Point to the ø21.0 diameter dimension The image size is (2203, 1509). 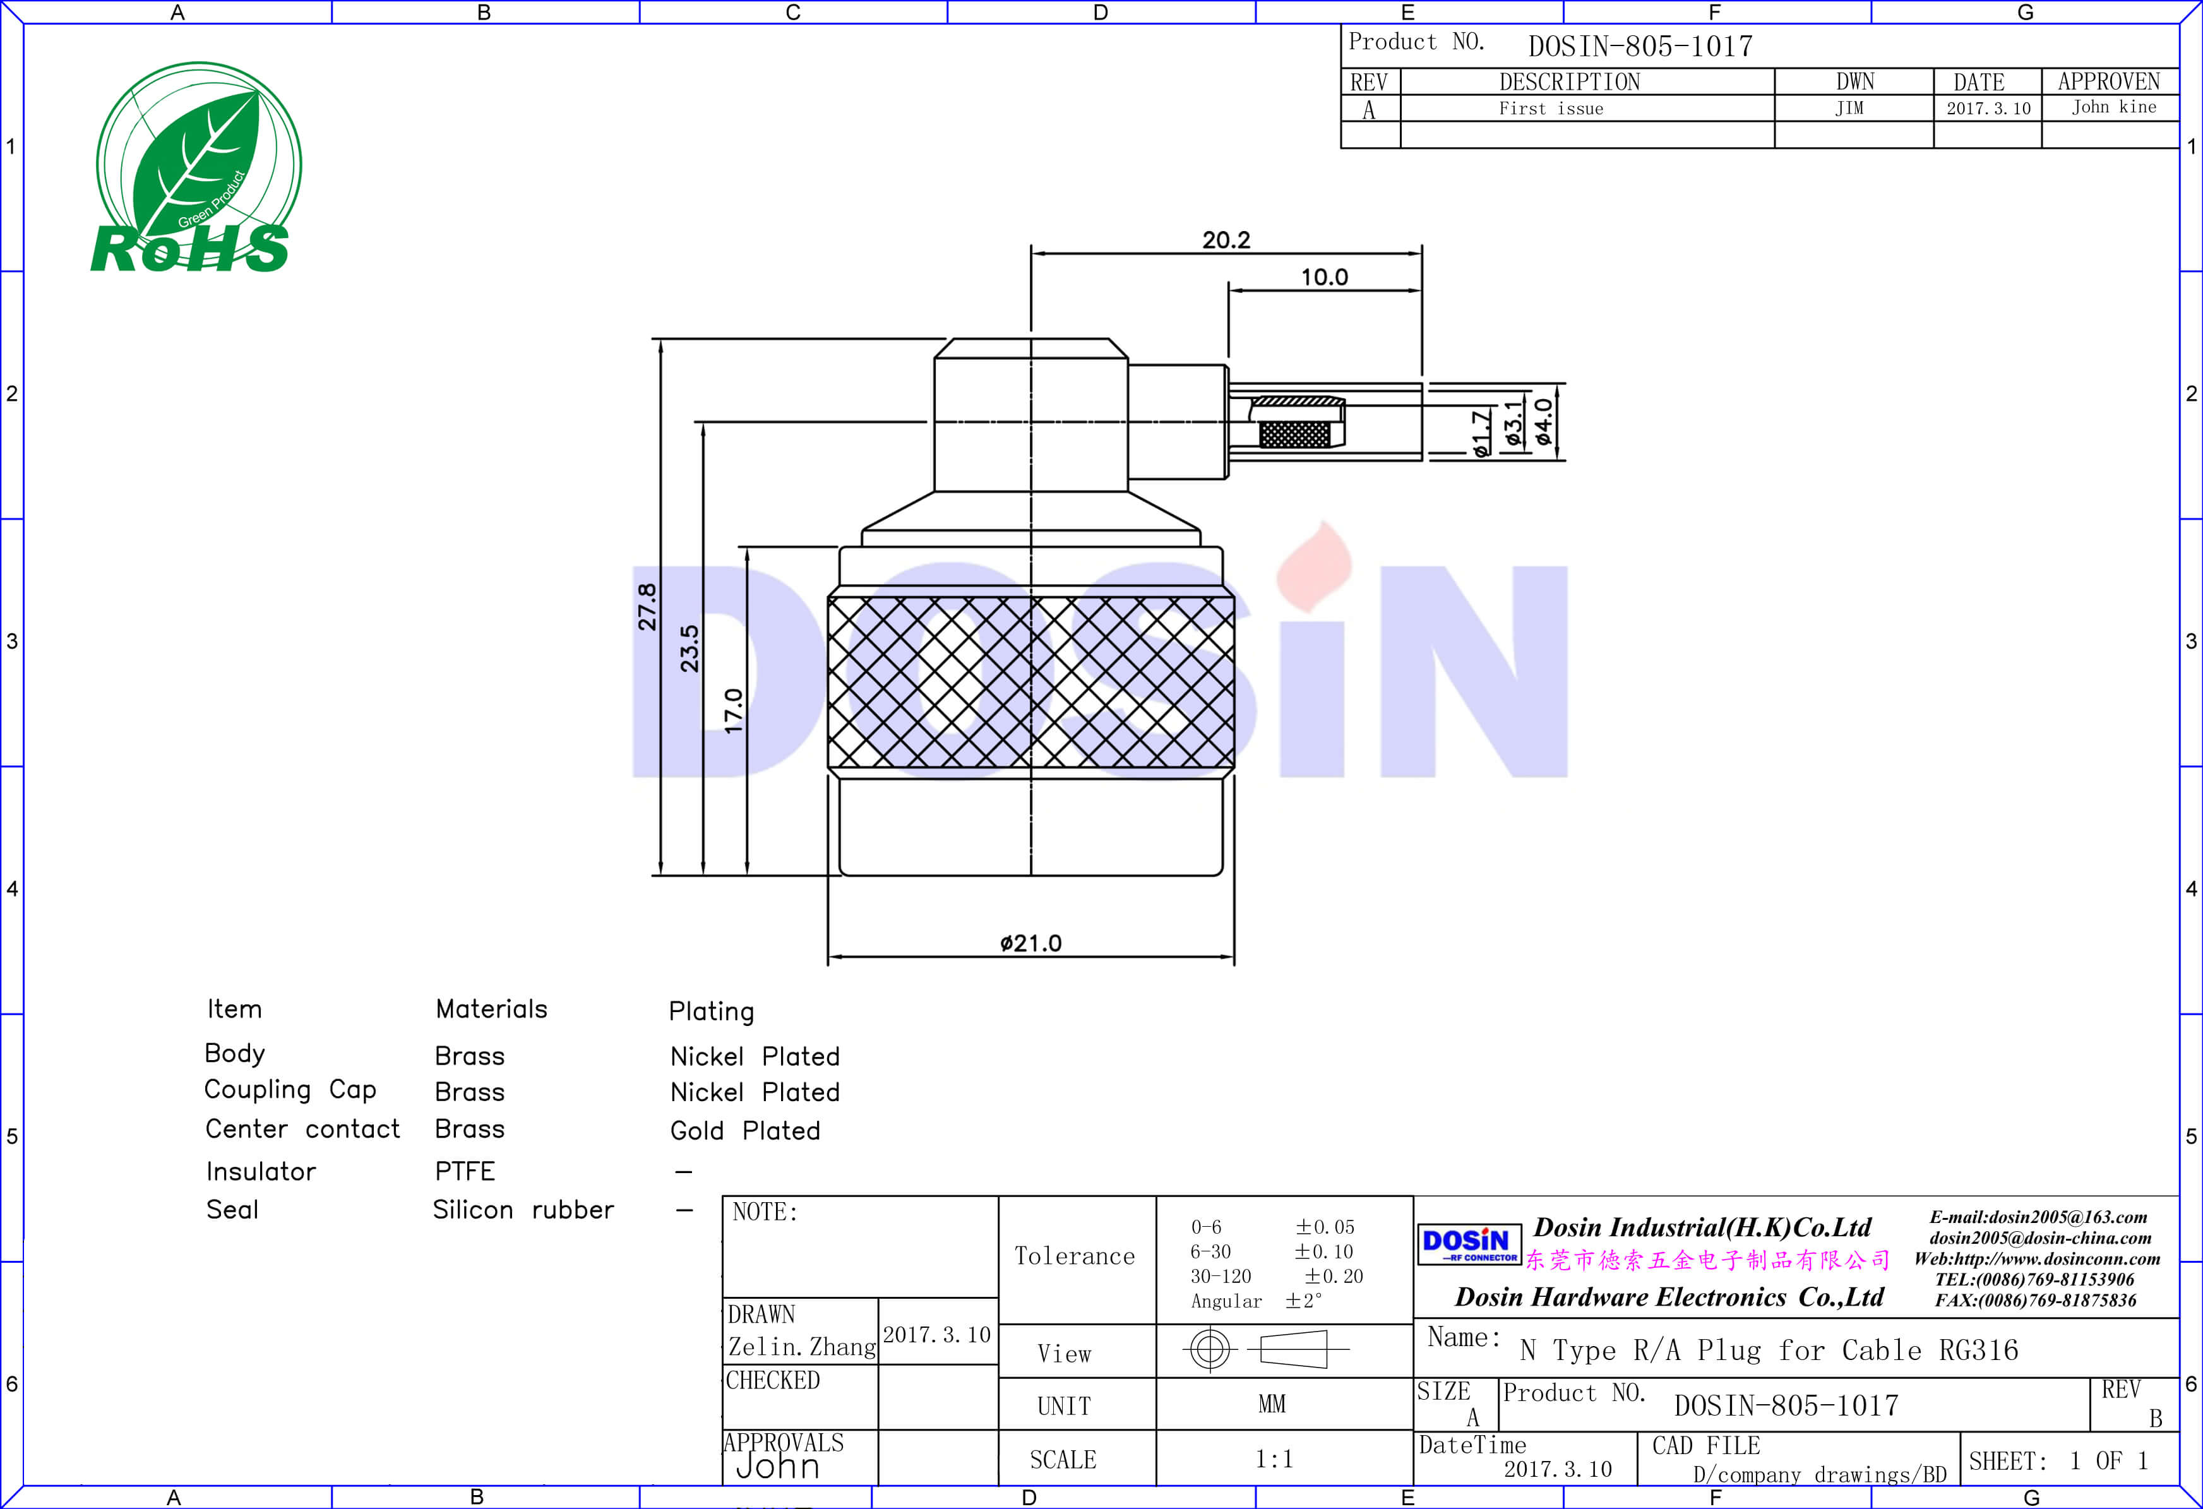tap(1030, 943)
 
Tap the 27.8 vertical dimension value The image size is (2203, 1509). tap(647, 607)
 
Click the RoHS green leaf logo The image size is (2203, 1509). tap(194, 169)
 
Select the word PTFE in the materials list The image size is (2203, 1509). tap(465, 1172)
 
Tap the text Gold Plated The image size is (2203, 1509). tap(745, 1131)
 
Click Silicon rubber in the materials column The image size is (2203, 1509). tap(523, 1210)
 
